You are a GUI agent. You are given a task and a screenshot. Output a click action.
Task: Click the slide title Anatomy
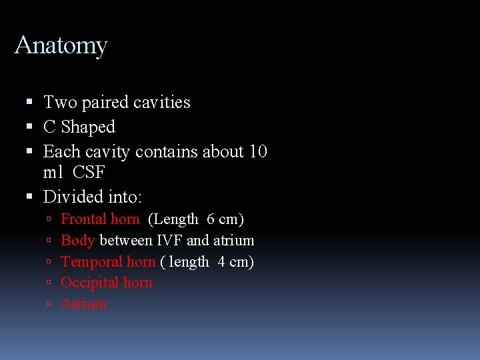61,45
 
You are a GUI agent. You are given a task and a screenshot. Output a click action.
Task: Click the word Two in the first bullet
60,102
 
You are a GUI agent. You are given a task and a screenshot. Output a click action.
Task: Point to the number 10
257,151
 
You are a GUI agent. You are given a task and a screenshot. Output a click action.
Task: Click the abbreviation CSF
89,172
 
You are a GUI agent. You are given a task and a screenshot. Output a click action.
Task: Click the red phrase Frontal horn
100,219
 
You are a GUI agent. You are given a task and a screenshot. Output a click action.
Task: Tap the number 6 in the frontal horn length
211,219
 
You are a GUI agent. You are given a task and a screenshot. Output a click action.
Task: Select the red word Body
77,241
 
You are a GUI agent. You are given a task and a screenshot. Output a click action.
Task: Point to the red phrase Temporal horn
108,262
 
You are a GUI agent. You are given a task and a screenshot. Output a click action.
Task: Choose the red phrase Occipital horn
107,283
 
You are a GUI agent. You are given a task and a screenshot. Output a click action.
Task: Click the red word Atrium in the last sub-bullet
83,304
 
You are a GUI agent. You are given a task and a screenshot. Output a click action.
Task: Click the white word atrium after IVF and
233,241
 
